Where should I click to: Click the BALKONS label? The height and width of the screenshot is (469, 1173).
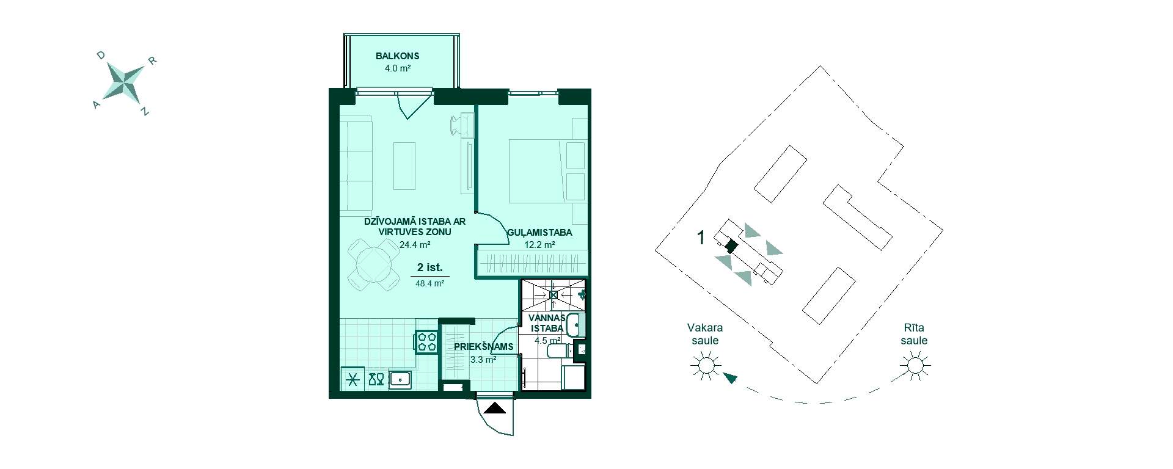(x=397, y=56)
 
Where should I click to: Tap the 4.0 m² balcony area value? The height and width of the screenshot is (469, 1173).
(x=397, y=68)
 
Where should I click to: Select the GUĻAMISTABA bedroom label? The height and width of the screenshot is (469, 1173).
(x=539, y=233)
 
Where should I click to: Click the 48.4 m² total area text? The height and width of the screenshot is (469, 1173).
(x=430, y=283)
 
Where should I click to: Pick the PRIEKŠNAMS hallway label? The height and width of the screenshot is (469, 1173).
(x=483, y=347)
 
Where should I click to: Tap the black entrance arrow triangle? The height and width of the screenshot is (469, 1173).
(x=495, y=409)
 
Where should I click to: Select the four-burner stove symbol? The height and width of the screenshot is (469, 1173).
(x=426, y=341)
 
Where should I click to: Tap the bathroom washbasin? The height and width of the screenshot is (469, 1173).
(x=576, y=325)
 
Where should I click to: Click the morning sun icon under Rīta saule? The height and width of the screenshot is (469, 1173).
(x=915, y=366)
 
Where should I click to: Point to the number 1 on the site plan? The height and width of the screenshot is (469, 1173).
(x=701, y=238)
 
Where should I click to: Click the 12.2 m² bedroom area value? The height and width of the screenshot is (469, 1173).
(x=539, y=245)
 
